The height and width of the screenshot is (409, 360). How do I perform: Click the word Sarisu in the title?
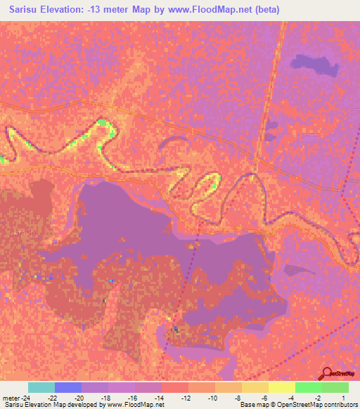click(21, 10)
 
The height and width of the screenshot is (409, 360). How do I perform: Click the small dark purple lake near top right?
click(314, 67)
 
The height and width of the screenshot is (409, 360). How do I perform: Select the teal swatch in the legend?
click(41, 387)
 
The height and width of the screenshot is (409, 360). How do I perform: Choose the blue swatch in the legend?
click(68, 387)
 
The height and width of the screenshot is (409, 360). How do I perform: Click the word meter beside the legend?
click(11, 398)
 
